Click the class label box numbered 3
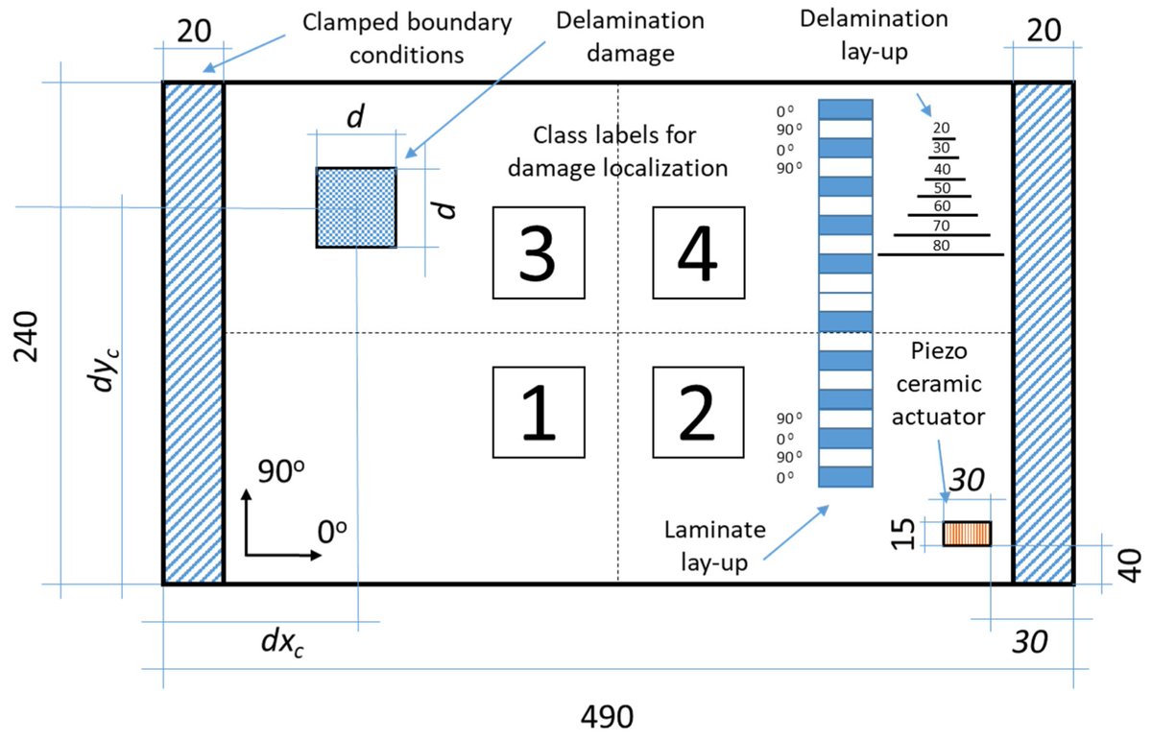[538, 252]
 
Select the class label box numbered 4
[698, 252]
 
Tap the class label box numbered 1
[538, 412]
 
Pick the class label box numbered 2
[698, 412]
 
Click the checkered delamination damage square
[356, 207]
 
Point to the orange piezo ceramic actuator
[966, 534]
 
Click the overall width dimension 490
[608, 716]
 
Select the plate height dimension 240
[27, 336]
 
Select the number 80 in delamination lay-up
[941, 246]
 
